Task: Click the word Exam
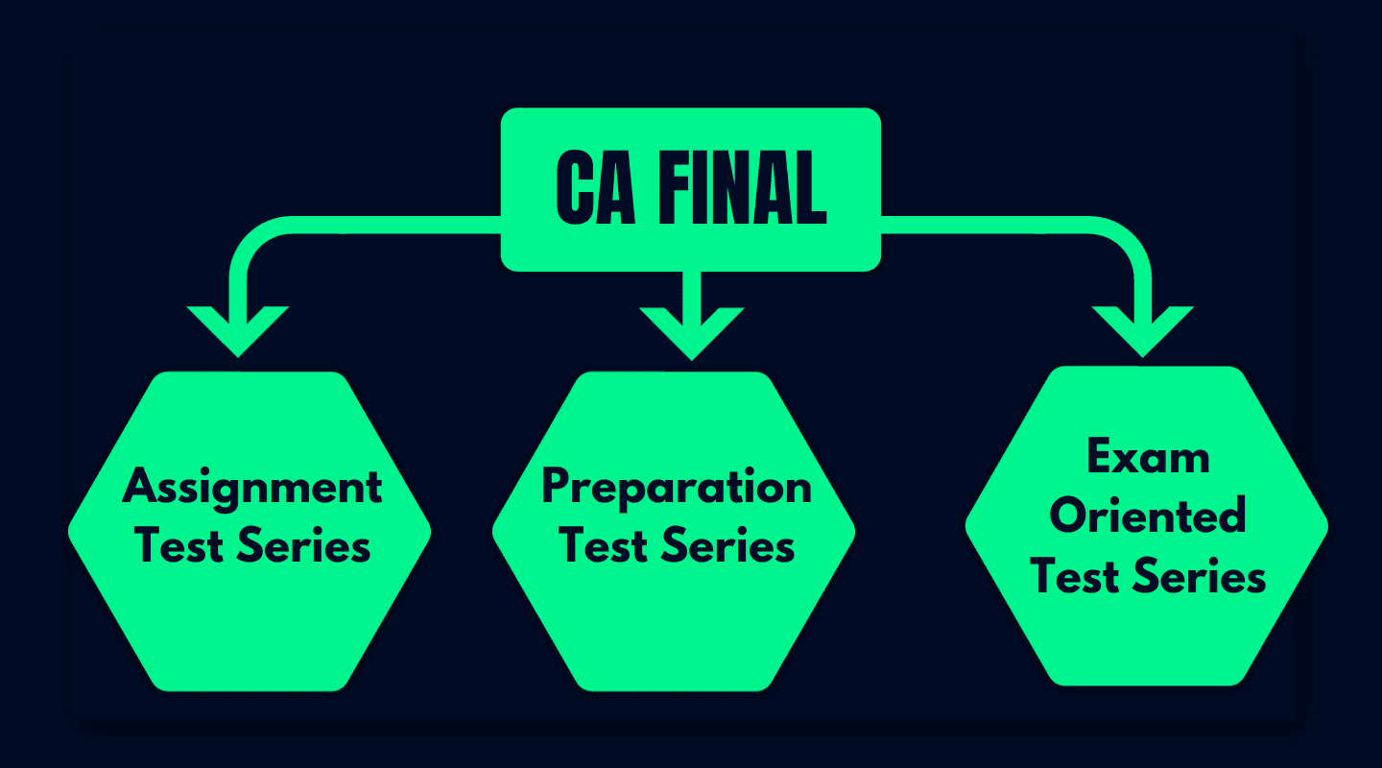1148,459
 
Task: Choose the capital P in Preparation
558,489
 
